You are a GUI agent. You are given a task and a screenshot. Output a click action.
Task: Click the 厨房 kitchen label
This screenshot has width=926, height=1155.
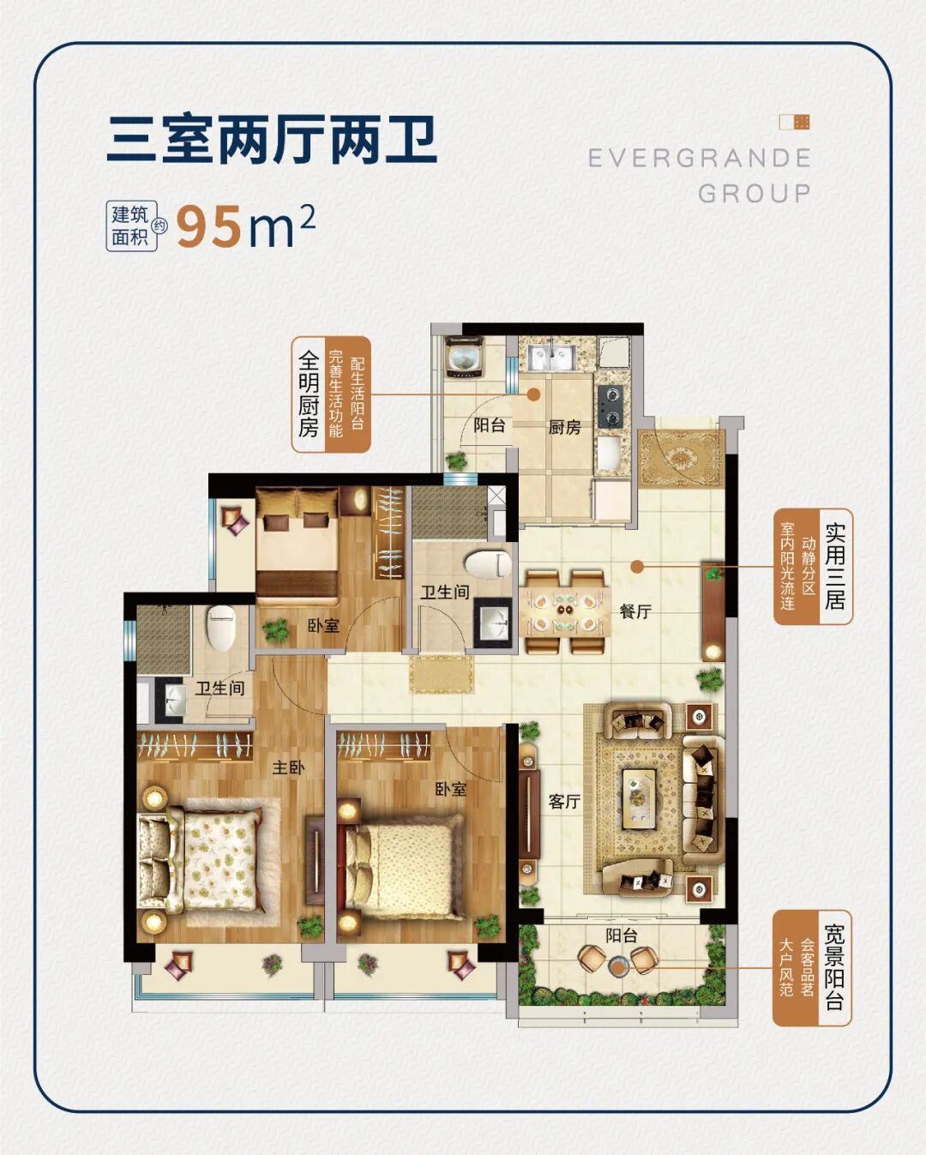(565, 426)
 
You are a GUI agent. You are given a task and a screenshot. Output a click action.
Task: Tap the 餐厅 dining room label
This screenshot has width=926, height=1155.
(635, 611)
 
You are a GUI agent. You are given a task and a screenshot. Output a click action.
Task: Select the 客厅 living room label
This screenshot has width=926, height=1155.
(564, 802)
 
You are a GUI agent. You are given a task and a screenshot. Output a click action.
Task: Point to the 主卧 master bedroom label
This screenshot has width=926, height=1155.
(288, 767)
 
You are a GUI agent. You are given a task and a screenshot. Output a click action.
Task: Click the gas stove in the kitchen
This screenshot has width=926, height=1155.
(610, 406)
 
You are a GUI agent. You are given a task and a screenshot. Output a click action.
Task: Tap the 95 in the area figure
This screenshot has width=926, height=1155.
(209, 227)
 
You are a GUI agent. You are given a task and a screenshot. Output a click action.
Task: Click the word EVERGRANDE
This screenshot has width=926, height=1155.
(700, 159)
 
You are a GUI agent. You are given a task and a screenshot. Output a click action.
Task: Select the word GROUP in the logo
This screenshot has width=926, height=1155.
(755, 194)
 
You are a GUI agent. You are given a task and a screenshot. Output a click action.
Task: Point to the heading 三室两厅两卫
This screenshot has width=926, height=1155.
(273, 141)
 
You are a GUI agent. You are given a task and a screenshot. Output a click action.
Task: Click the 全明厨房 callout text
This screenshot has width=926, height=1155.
(309, 394)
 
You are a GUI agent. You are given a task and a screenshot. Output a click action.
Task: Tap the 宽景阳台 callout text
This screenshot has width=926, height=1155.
(833, 968)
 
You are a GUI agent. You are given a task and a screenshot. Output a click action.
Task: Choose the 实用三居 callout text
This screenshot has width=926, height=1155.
(834, 566)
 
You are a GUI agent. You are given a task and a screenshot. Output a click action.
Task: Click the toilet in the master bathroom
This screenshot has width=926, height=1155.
(221, 629)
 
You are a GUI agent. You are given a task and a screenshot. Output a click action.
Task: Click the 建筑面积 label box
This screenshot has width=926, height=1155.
(130, 226)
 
